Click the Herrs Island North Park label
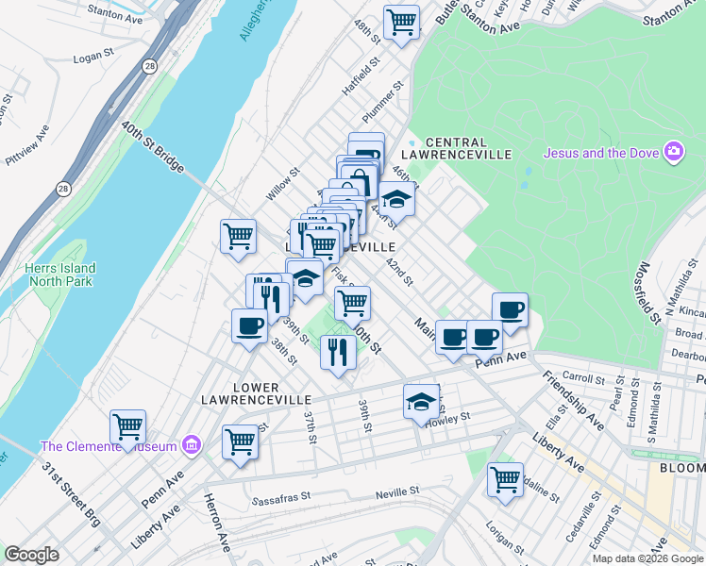pyautogui.click(x=61, y=275)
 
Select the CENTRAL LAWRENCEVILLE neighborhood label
pyautogui.click(x=456, y=148)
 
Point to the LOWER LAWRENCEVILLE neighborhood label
pyautogui.click(x=241, y=393)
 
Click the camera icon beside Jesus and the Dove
pyautogui.click(x=673, y=152)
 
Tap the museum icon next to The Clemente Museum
pyautogui.click(x=192, y=444)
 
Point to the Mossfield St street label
pyautogui.click(x=652, y=293)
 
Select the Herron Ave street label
pyautogui.click(x=218, y=528)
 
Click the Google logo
pyautogui.click(x=31, y=555)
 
